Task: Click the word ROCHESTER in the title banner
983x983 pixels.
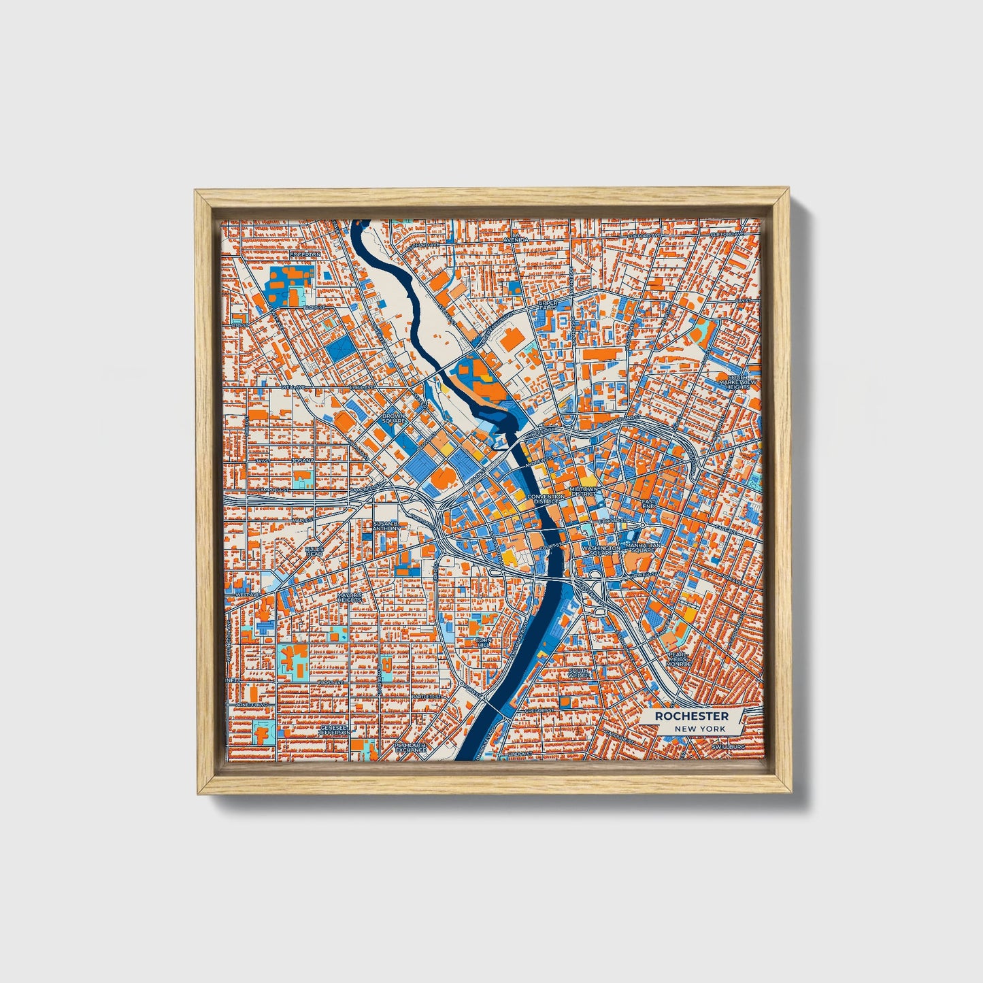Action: click(x=691, y=716)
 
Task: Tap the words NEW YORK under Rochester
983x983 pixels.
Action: click(x=700, y=729)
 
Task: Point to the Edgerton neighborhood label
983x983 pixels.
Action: click(x=305, y=254)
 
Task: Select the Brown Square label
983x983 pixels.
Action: click(x=393, y=418)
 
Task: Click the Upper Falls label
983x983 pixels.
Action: click(x=548, y=305)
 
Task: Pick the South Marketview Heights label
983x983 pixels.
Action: click(x=737, y=382)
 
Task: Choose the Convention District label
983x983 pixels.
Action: click(x=545, y=499)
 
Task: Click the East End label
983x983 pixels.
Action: click(x=648, y=504)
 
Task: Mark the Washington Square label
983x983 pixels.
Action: click(x=601, y=550)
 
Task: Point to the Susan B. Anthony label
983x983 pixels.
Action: click(x=386, y=526)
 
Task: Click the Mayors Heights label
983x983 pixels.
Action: click(x=349, y=597)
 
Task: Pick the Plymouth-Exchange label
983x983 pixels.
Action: click(x=411, y=748)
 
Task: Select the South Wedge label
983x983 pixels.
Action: click(x=579, y=673)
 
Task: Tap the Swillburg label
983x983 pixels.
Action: click(x=728, y=746)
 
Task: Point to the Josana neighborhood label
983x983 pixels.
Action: click(x=303, y=461)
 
